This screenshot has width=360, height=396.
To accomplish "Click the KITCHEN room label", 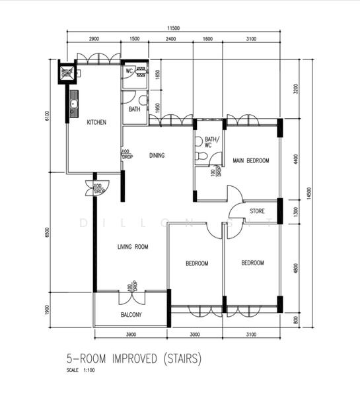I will [96, 122].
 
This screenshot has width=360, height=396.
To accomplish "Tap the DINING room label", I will [157, 156].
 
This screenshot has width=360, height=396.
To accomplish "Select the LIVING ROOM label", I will [133, 247].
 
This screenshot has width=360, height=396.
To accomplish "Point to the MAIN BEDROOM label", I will [250, 160].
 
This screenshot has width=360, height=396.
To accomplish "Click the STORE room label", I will [257, 211].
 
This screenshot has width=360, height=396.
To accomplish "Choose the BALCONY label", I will [131, 315].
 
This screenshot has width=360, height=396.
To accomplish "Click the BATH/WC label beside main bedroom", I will [211, 143].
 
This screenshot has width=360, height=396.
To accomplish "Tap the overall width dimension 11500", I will [174, 28].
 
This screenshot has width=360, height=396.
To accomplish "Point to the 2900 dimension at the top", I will [93, 40].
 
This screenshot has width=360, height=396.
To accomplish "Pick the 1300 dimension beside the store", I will [295, 211].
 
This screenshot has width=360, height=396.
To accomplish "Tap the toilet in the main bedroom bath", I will [203, 156].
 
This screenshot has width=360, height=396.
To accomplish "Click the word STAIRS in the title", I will [182, 360].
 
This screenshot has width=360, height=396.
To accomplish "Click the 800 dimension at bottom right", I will [295, 320].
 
